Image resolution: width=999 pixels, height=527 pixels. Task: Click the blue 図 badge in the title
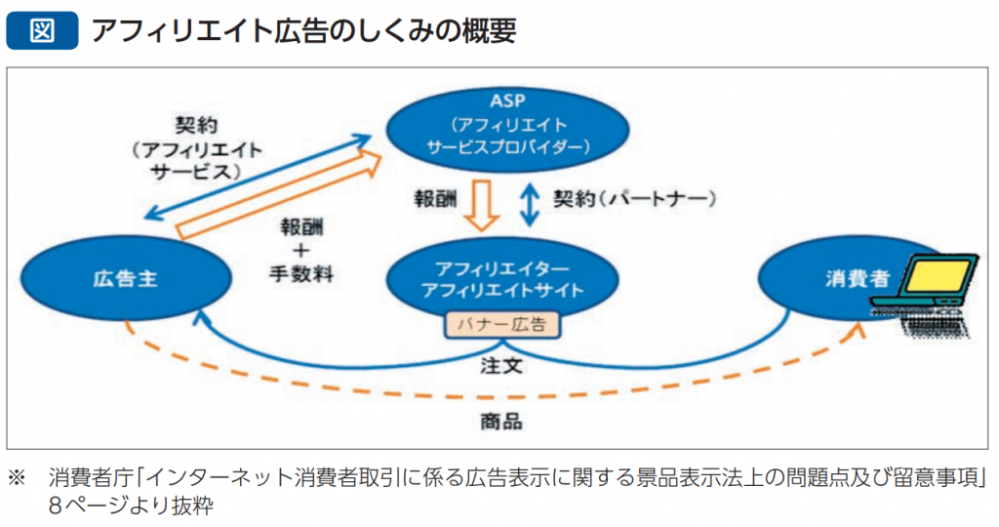(x=41, y=29)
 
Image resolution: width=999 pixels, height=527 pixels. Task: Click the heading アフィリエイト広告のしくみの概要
(x=302, y=29)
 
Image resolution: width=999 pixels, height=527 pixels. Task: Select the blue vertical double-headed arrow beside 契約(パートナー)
(x=530, y=202)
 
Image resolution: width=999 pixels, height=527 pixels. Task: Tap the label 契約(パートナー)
(x=634, y=199)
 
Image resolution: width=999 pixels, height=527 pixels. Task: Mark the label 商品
(x=500, y=422)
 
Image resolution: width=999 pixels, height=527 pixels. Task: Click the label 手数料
(x=301, y=274)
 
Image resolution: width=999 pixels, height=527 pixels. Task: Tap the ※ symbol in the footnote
(x=17, y=478)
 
